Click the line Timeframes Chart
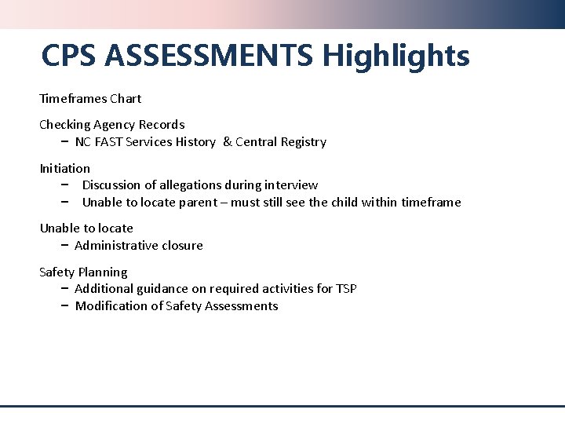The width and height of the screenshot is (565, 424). pos(90,99)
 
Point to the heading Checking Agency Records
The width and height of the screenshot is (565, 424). pos(112,125)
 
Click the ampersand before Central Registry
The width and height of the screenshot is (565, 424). pos(227,142)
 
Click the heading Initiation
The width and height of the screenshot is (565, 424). pos(65,169)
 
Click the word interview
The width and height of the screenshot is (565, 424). pos(291,185)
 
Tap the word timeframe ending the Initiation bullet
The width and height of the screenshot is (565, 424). pos(431,203)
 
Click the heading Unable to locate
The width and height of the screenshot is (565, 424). pos(86,228)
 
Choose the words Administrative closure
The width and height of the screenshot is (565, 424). pos(139,246)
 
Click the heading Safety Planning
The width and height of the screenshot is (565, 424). pos(83,272)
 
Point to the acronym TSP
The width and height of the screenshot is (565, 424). pos(346,289)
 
